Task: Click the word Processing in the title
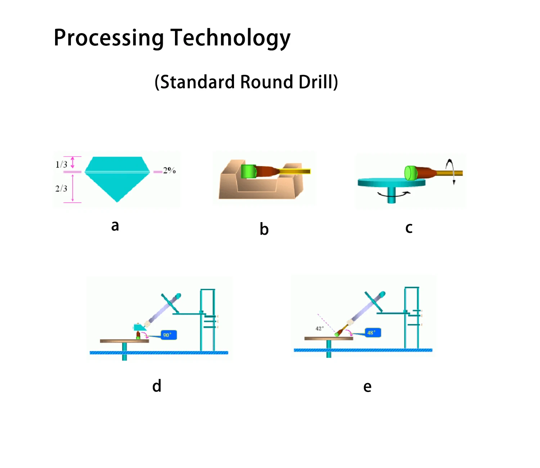109,38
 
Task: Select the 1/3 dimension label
61,165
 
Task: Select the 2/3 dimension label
61,188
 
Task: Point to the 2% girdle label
169,171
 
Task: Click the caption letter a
115,226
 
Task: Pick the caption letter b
264,229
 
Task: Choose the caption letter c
409,228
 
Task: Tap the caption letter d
157,386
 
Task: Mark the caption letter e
367,387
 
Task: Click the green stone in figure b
248,171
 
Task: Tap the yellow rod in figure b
295,171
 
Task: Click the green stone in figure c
410,173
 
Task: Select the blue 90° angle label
167,335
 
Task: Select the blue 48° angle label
372,333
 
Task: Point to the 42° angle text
319,328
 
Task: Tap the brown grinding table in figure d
124,341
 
